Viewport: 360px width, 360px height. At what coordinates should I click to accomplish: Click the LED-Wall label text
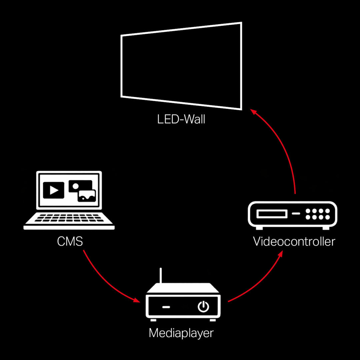click(x=181, y=119)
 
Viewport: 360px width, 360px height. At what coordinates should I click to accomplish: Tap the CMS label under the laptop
click(x=70, y=241)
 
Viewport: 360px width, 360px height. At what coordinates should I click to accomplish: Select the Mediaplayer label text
click(x=181, y=333)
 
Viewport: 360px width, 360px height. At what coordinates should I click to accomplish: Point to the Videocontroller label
click(x=294, y=241)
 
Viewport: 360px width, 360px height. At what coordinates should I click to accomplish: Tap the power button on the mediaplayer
click(x=203, y=306)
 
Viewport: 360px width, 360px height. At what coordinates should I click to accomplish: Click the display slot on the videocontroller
click(x=272, y=213)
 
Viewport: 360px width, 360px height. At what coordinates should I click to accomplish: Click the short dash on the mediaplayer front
click(x=166, y=307)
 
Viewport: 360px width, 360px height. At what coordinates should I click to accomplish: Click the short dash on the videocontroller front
click(x=296, y=213)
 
